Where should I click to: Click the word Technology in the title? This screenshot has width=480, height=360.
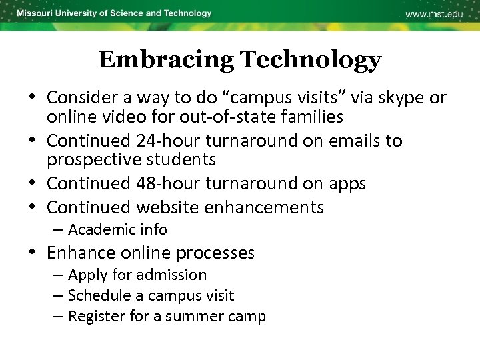pos(311,60)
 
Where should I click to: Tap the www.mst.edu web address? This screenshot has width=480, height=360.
pos(433,14)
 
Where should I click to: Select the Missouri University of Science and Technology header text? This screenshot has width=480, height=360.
pos(114,13)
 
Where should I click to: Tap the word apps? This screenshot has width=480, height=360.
pos(347,183)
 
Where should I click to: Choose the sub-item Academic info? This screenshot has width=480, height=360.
pos(117,229)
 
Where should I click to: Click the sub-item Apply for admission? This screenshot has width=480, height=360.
pos(137,275)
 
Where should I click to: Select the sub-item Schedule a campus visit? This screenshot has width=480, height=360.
pos(151,295)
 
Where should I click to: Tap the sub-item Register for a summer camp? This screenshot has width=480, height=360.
pos(167,316)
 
